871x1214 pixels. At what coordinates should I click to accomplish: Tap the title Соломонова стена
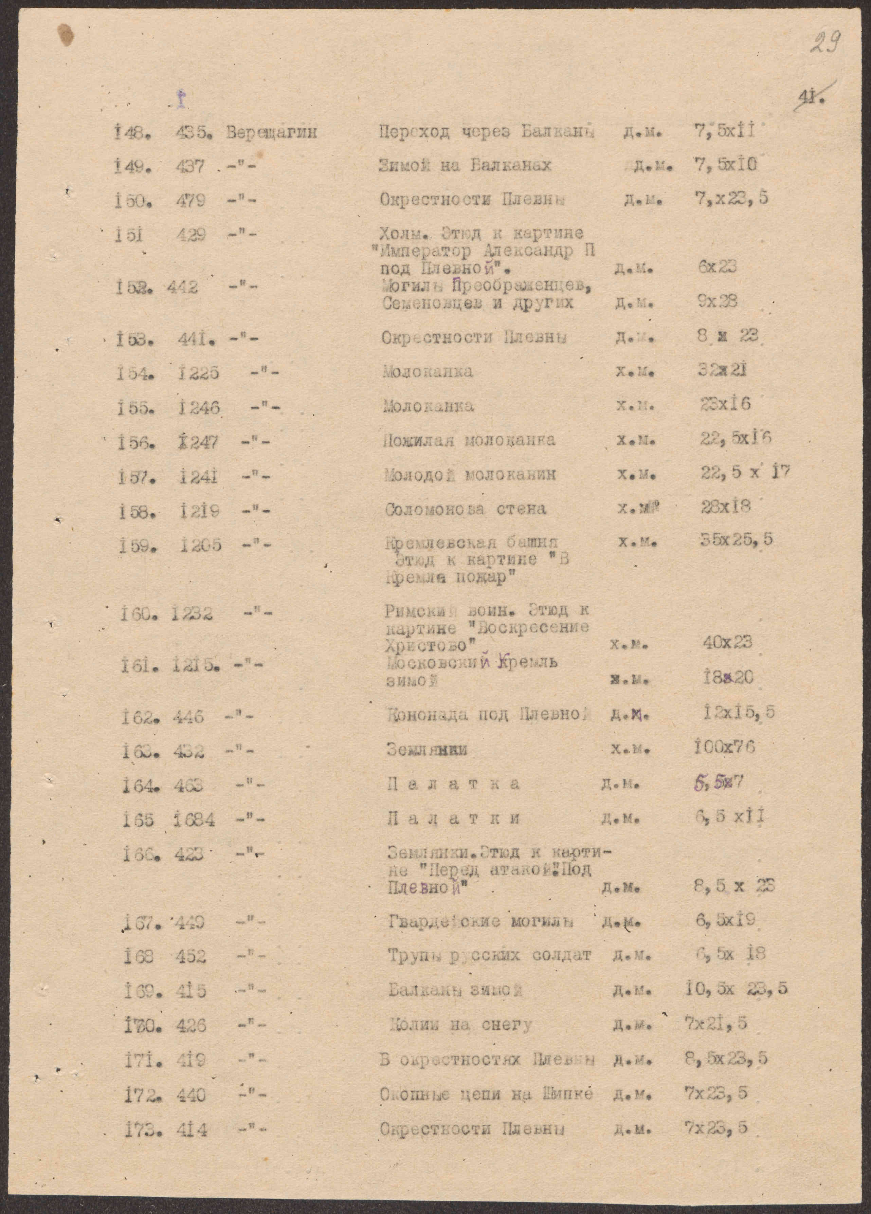click(x=465, y=509)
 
